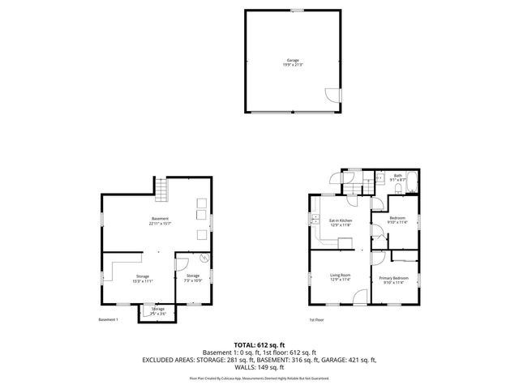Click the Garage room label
point(292,62)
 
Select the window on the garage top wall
point(298,10)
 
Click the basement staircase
point(161,191)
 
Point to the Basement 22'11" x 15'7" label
point(160,221)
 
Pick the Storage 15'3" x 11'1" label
point(143,278)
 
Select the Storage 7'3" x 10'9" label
point(193,278)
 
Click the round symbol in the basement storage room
point(204,259)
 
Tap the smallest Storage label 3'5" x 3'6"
point(157,310)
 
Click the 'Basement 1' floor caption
point(108,320)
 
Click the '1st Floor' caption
point(316,320)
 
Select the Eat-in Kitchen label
point(340,222)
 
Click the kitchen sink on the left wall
point(312,220)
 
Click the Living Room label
point(340,277)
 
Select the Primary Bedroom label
point(394,280)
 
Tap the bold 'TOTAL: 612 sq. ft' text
point(259,344)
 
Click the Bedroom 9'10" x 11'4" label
point(397,220)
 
